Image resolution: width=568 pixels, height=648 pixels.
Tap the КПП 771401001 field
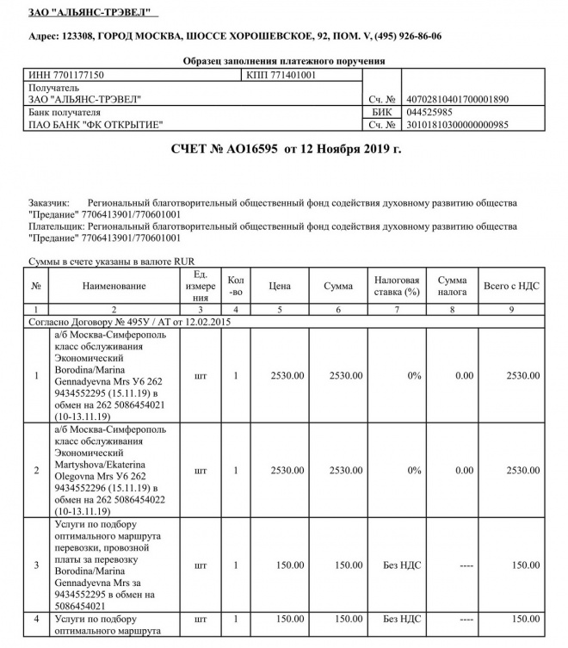(281, 76)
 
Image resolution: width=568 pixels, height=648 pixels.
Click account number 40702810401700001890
(457, 100)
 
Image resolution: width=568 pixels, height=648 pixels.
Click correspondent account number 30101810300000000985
(457, 125)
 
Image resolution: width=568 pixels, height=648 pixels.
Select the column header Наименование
(114, 286)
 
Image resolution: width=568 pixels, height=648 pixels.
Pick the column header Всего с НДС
(511, 286)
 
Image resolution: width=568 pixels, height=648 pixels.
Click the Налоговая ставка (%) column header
(396, 286)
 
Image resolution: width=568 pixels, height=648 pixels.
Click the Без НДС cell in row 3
(400, 565)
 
